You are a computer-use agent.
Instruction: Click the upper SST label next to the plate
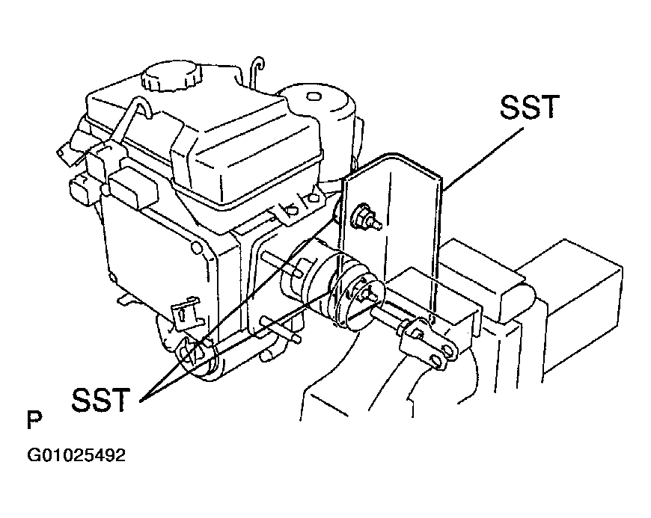(x=529, y=107)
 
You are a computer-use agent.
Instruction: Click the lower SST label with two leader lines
(x=100, y=399)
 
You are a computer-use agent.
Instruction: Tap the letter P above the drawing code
(x=34, y=420)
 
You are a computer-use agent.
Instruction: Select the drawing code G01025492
(x=76, y=455)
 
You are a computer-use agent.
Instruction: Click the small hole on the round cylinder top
(x=314, y=96)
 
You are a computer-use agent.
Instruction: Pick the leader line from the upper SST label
(x=483, y=158)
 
